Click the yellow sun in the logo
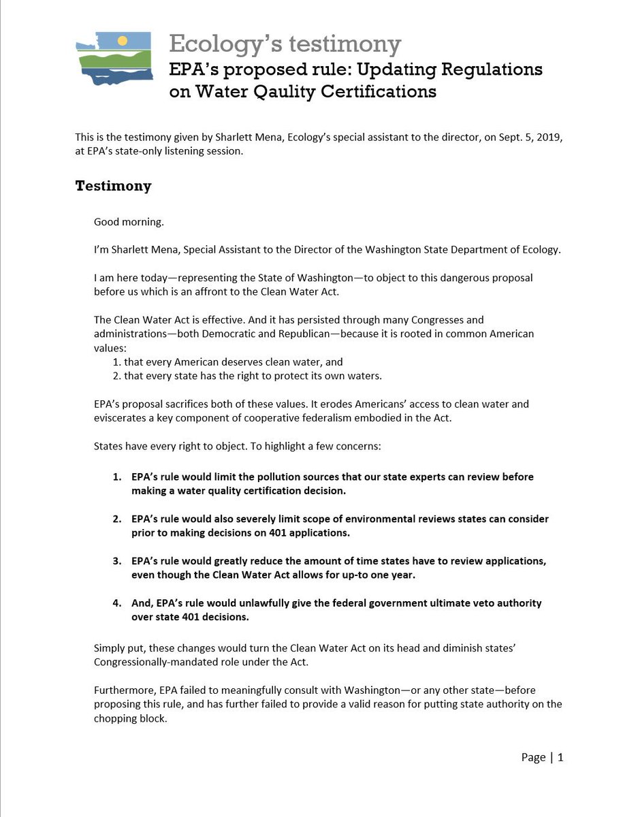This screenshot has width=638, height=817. tap(123, 40)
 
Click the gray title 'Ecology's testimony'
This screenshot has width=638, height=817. tap(285, 44)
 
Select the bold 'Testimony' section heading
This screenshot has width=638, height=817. tap(113, 186)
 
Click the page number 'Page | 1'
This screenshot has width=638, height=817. tap(542, 757)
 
